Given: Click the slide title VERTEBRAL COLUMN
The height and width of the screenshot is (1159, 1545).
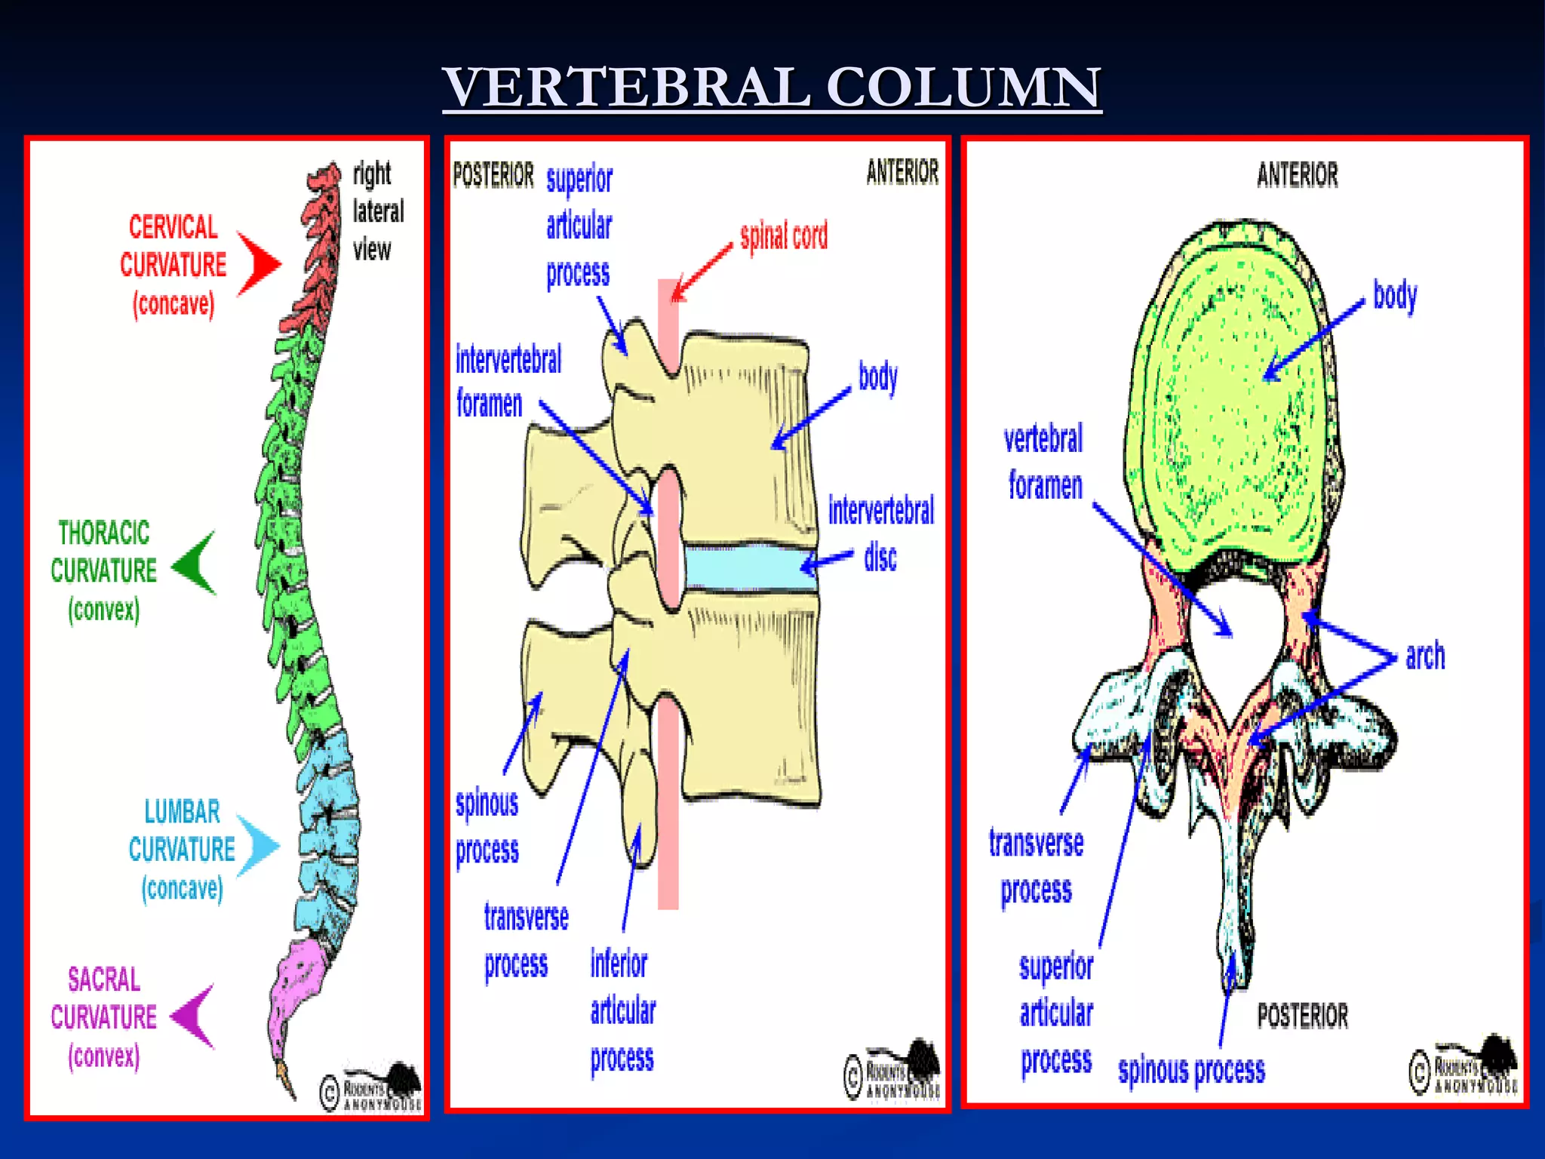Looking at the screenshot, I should click(x=772, y=88).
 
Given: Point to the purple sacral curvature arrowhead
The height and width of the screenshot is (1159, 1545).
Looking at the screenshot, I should click(x=195, y=1016).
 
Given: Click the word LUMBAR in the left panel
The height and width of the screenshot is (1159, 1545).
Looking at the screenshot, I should click(x=182, y=812).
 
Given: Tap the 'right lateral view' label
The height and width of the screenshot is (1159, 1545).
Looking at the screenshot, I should click(x=377, y=211).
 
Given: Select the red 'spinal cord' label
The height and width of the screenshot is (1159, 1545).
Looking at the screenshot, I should click(x=783, y=236).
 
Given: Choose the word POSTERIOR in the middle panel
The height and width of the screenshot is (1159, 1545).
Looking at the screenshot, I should click(x=493, y=174).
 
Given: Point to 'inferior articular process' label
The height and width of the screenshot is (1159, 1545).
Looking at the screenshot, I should click(x=622, y=1011).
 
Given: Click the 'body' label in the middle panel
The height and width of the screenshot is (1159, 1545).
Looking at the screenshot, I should click(x=877, y=376).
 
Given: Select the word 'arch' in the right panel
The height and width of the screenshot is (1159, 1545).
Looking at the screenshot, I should click(x=1424, y=655).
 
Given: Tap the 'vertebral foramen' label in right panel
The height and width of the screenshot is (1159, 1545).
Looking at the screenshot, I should click(x=1044, y=462).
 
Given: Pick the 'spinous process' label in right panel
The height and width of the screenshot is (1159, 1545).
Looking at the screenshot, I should click(x=1191, y=1070).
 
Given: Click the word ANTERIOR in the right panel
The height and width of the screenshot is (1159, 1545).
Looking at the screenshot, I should click(x=1297, y=174).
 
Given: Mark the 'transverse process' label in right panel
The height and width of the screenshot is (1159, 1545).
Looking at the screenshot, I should click(x=1036, y=866).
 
